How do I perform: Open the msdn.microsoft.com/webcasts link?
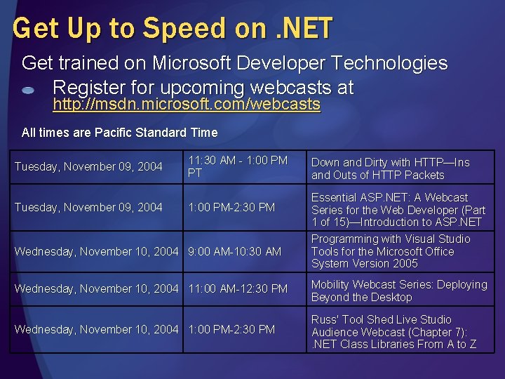pyautogui.click(x=187, y=105)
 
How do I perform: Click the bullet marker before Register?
pyautogui.click(x=28, y=91)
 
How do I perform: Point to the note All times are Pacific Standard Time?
pyautogui.click(x=119, y=132)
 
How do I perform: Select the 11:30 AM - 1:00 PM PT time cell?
pyautogui.click(x=238, y=166)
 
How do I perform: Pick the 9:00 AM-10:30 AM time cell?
pyautogui.click(x=234, y=251)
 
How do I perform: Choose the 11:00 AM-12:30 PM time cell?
pyautogui.click(x=238, y=289)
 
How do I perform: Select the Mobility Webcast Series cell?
pyautogui.click(x=398, y=291)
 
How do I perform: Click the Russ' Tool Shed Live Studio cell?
pyautogui.click(x=393, y=332)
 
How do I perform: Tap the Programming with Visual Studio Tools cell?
pyautogui.click(x=391, y=251)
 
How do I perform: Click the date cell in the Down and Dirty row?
pyautogui.click(x=88, y=166)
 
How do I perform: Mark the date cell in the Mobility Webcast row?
pyautogui.click(x=96, y=289)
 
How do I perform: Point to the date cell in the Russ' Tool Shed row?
pyautogui.click(x=96, y=329)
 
